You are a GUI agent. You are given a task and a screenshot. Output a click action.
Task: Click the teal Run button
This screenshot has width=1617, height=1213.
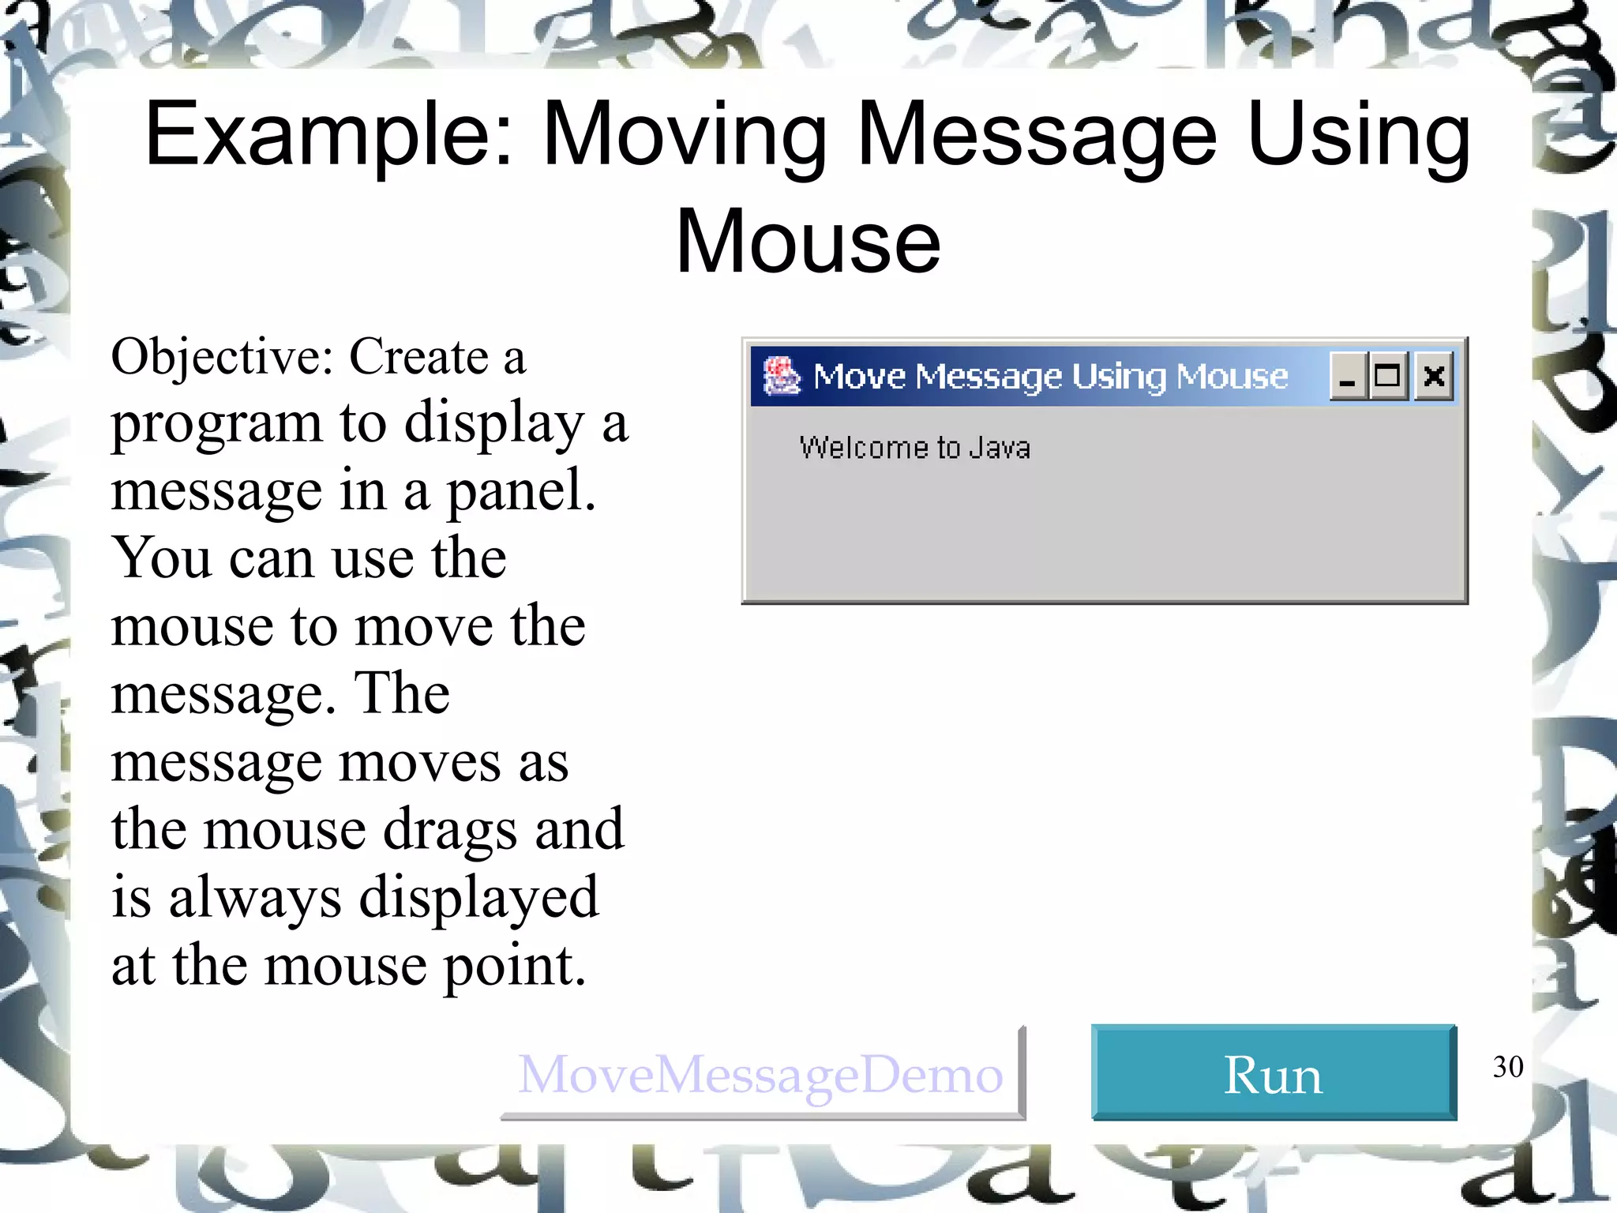point(1273,1073)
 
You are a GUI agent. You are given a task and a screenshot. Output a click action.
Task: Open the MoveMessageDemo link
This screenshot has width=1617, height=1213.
point(760,1075)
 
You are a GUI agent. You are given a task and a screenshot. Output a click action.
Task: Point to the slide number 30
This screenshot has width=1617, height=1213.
point(1507,1067)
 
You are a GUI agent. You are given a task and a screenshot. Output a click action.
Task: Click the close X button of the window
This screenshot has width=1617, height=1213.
point(1434,377)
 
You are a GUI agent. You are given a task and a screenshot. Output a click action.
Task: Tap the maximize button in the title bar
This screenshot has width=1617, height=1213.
point(1388,377)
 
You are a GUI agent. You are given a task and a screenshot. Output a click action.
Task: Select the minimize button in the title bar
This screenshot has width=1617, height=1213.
point(1347,377)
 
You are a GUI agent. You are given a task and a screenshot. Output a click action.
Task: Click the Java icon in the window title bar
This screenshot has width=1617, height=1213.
point(782,376)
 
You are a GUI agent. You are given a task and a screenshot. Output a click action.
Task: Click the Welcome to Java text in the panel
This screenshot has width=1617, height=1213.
point(914,448)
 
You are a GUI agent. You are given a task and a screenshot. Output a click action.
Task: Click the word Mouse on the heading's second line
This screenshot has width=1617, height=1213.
point(808,241)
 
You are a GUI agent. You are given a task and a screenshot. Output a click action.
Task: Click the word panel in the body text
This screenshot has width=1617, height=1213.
point(520,491)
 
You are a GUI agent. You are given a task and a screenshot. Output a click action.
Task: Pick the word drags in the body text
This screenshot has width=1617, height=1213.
point(451,830)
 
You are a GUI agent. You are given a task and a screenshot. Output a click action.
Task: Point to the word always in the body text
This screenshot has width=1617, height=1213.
point(255,899)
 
